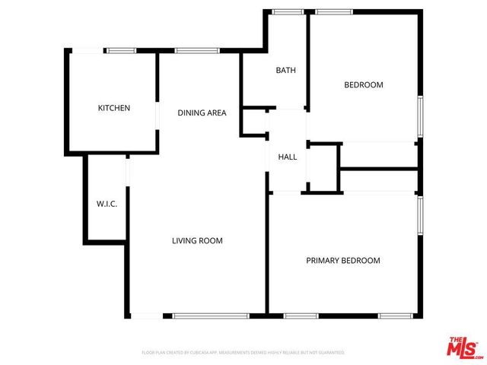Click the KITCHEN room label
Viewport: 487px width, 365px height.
pyautogui.click(x=114, y=108)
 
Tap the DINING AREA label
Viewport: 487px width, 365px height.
pyautogui.click(x=202, y=113)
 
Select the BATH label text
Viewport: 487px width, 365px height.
pyautogui.click(x=285, y=71)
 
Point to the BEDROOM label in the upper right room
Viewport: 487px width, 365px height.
pyautogui.click(x=363, y=84)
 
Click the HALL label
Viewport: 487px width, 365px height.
pyautogui.click(x=287, y=157)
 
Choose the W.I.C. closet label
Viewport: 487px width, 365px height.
pyautogui.click(x=106, y=204)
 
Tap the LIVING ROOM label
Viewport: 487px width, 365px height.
pyautogui.click(x=197, y=241)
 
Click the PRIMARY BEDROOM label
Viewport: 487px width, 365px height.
pyautogui.click(x=342, y=260)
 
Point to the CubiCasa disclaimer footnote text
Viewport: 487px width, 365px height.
pyautogui.click(x=243, y=353)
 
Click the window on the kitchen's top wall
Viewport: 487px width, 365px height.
pyautogui.click(x=120, y=51)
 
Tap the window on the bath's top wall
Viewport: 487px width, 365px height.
pyautogui.click(x=287, y=11)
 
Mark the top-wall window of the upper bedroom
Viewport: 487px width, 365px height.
pyautogui.click(x=334, y=11)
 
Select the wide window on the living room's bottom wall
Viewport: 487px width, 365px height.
pyautogui.click(x=211, y=316)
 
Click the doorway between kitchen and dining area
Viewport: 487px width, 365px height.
pyautogui.click(x=158, y=113)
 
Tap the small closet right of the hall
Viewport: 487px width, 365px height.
pyautogui.click(x=323, y=166)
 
